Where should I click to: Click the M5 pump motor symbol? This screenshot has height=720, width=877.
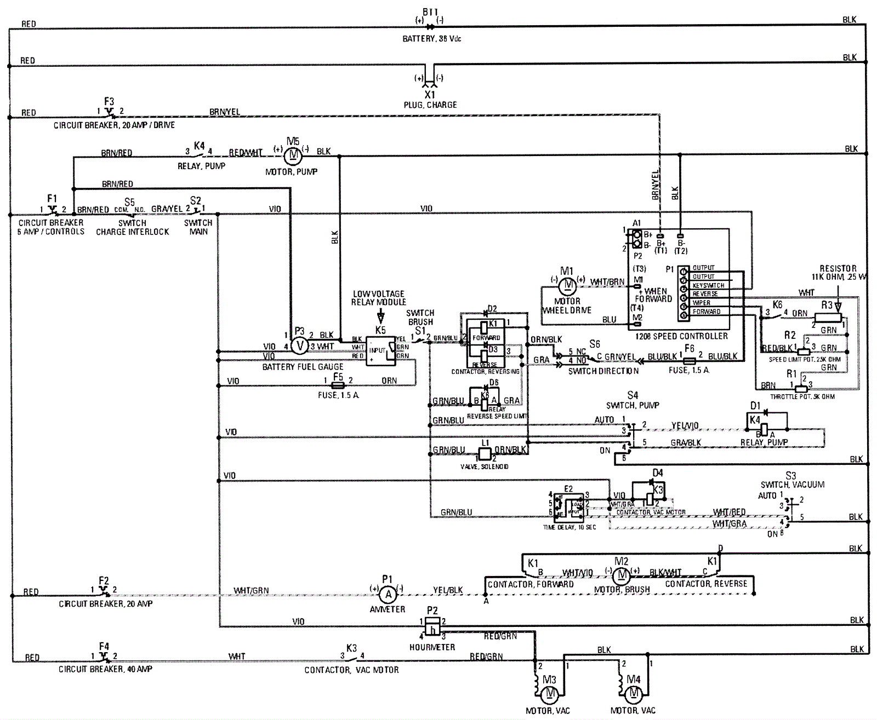[x=293, y=155]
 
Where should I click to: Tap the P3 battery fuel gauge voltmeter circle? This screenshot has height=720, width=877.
[x=299, y=345]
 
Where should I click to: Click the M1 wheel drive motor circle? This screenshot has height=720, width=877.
[x=568, y=284]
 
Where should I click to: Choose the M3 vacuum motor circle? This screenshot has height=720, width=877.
[x=550, y=694]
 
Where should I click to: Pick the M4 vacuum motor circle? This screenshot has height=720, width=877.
[x=634, y=694]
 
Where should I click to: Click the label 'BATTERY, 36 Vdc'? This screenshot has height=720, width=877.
[x=432, y=39]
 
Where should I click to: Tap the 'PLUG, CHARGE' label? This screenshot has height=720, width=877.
[x=430, y=105]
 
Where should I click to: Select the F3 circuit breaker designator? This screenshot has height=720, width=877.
[x=109, y=101]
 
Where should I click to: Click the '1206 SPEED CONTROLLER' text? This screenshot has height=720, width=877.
[x=681, y=336]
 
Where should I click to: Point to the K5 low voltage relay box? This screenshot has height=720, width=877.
[x=384, y=350]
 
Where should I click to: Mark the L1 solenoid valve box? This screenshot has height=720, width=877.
[x=485, y=454]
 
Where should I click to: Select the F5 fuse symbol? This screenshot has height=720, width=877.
[x=338, y=385]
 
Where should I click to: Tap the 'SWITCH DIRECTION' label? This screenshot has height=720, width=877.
[x=603, y=371]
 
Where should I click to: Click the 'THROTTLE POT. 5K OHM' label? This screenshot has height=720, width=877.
[x=802, y=396]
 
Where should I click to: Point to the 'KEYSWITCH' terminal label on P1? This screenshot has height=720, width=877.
[x=708, y=285]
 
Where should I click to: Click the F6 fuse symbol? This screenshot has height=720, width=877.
[x=690, y=361]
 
